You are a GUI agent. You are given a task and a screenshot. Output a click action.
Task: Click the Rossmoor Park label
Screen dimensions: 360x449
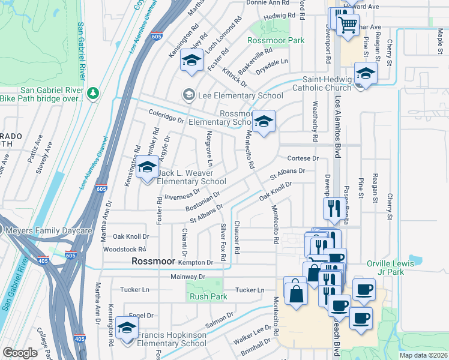[277, 41]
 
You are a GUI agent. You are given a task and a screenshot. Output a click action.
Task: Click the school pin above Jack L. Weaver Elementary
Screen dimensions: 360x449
[146, 169]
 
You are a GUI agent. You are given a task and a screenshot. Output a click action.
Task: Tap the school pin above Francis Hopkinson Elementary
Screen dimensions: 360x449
[127, 329]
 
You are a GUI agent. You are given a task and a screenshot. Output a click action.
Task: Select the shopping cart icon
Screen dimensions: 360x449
[347, 25]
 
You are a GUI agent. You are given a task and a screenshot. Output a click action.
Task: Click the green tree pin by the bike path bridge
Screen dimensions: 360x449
[92, 93]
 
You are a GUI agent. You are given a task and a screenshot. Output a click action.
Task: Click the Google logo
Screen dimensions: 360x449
[20, 353]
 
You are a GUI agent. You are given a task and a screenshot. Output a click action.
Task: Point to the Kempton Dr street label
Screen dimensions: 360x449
[196, 263]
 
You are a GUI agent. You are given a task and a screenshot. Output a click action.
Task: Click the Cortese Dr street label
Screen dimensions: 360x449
[301, 158]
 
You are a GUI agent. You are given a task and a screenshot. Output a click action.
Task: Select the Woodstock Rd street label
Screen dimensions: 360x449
[125, 249]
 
